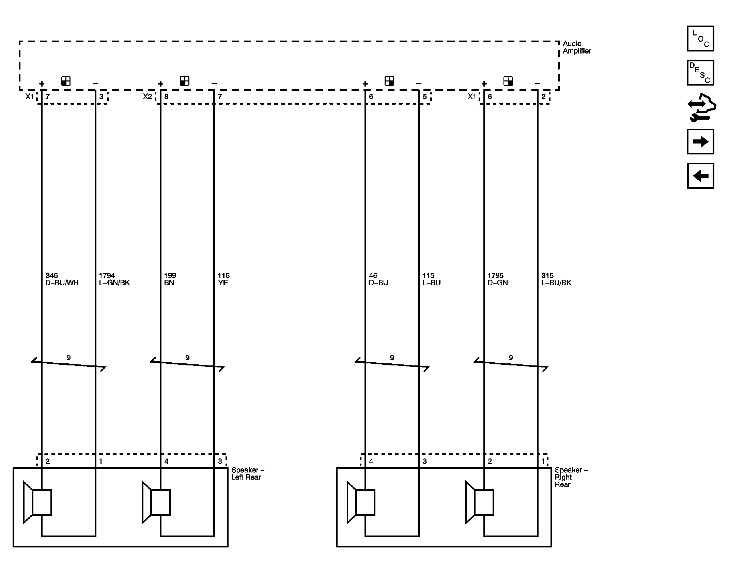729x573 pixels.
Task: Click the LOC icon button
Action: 700,39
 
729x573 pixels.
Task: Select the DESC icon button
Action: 700,73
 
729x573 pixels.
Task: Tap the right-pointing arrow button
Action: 700,141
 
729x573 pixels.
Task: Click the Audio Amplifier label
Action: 577,47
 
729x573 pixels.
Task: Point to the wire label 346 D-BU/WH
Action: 62,279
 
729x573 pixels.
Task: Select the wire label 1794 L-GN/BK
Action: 114,279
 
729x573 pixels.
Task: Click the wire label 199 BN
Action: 170,279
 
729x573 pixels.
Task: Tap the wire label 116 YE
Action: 223,279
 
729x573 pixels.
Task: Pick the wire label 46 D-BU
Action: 378,279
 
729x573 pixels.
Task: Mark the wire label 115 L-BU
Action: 432,279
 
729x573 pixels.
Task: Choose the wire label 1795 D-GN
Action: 498,279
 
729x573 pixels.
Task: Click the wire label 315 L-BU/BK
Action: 556,279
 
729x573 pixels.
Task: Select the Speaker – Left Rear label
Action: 248,473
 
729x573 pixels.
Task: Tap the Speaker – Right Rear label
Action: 571,477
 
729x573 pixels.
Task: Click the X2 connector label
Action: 148,96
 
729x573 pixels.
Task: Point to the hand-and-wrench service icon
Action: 702,107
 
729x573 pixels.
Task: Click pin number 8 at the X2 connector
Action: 166,97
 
